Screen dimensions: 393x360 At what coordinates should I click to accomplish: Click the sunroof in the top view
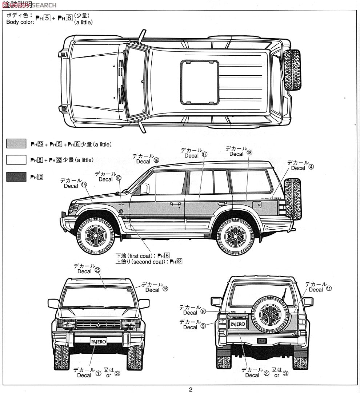tap(200, 82)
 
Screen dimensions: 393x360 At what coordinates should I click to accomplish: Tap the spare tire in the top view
tap(292, 70)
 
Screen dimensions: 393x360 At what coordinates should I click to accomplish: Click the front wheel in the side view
tap(95, 236)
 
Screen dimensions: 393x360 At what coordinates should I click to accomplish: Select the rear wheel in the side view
tap(235, 237)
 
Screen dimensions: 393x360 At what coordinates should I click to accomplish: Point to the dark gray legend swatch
tap(16, 177)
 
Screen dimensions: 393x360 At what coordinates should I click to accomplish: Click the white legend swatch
tap(16, 160)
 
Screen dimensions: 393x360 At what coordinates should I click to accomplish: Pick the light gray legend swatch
tap(16, 143)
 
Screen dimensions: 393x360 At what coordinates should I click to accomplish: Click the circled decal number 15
tap(84, 184)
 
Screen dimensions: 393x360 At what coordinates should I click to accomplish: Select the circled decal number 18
tap(249, 153)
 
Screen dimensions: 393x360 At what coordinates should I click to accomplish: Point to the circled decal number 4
tap(311, 167)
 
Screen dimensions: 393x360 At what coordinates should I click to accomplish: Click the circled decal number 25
tap(97, 270)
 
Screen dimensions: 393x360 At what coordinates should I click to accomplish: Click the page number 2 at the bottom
tap(190, 389)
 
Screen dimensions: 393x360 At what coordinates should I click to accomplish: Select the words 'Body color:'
tap(20, 22)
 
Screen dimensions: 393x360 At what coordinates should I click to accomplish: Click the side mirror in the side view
tap(144, 188)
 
